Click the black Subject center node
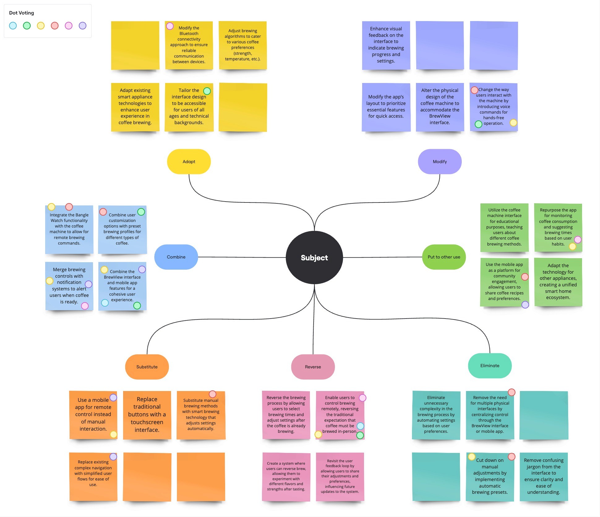click(314, 258)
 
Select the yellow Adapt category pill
click(189, 162)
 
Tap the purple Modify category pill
click(439, 162)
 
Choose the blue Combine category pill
click(176, 257)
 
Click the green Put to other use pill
click(444, 257)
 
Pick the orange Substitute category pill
click(147, 367)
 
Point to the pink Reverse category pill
click(313, 367)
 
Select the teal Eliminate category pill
click(490, 366)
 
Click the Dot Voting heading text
click(22, 13)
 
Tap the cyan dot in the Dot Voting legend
click(13, 26)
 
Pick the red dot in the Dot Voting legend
click(55, 26)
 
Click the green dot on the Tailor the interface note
click(207, 91)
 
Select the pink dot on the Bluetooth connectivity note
click(170, 26)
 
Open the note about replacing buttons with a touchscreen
click(147, 415)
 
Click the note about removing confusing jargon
click(543, 476)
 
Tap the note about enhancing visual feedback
click(386, 45)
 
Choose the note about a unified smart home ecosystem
click(558, 282)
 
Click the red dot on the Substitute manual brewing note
click(212, 394)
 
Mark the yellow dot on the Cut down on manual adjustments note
click(472, 457)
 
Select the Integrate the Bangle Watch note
click(69, 229)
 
